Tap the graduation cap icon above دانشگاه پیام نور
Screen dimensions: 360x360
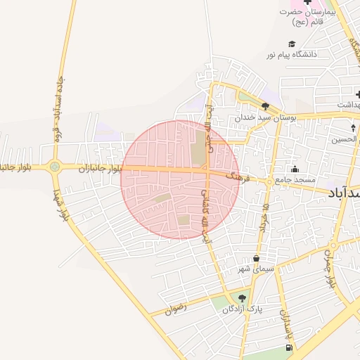[292, 44]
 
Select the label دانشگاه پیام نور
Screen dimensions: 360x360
[292, 54]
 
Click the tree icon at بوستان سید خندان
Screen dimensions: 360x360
[264, 106]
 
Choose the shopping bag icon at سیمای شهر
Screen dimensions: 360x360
[255, 258]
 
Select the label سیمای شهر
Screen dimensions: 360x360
[255, 269]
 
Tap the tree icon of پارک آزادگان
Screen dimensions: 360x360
[243, 298]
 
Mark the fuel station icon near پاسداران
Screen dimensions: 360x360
[288, 348]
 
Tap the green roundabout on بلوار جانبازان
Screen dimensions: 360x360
[54, 167]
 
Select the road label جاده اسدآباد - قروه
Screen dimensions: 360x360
[57, 109]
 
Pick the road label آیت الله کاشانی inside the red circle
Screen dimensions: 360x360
[207, 204]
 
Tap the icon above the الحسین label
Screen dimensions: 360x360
[353, 128]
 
